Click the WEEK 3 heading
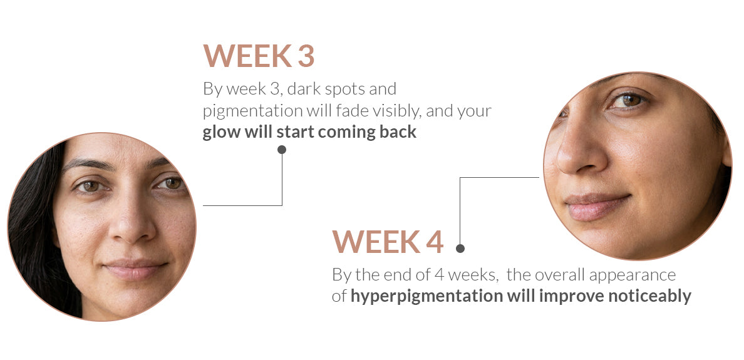click(x=259, y=56)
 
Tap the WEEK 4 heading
click(x=388, y=242)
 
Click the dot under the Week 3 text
click(x=282, y=150)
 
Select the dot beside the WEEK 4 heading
click(x=460, y=248)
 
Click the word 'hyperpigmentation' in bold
click(x=425, y=296)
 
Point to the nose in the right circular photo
click(x=580, y=152)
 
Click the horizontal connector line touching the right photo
click(x=499, y=178)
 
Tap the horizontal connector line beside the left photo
click(x=242, y=205)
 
